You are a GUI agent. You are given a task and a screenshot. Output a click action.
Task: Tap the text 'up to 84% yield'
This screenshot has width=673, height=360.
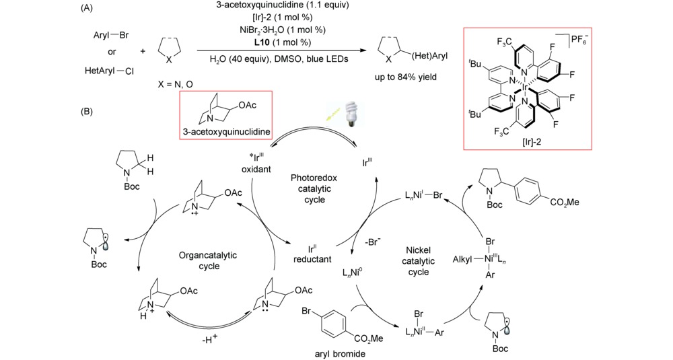407,78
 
